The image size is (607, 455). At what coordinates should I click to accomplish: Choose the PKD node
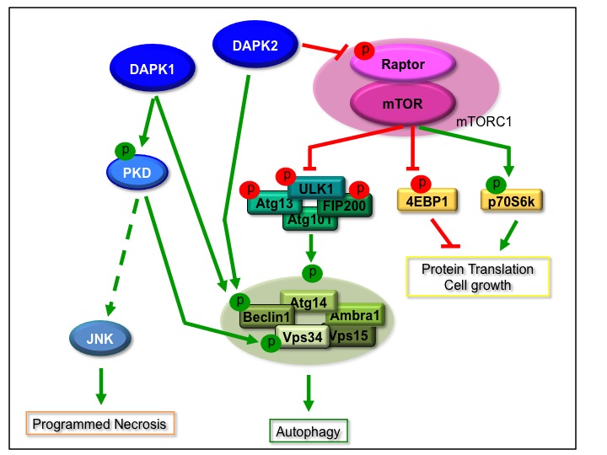pyautogui.click(x=136, y=173)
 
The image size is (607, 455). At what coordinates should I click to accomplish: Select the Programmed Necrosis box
pyautogui.click(x=99, y=423)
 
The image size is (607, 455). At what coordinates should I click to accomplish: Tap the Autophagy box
pyautogui.click(x=309, y=431)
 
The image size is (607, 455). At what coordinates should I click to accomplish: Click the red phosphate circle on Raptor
pyautogui.click(x=364, y=53)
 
